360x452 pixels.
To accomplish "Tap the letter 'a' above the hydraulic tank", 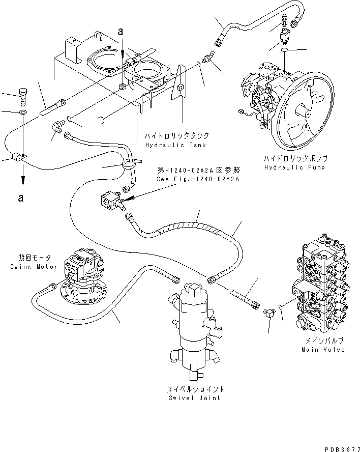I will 121,32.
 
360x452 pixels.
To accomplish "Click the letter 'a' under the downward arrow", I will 20,197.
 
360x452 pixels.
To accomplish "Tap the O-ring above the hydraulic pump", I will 286,51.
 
